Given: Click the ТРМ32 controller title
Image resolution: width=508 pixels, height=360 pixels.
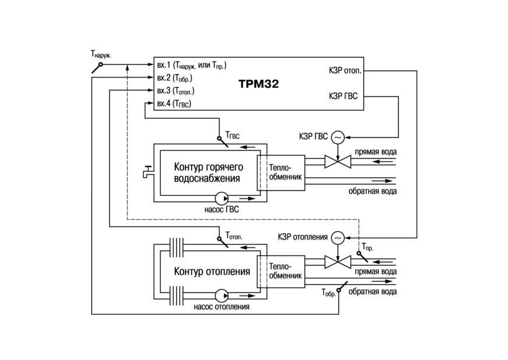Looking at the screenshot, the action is click(x=259, y=84).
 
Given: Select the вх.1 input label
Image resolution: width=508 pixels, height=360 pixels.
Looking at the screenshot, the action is click(x=164, y=65).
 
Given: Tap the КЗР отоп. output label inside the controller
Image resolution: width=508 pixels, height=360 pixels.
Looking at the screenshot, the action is click(x=345, y=70).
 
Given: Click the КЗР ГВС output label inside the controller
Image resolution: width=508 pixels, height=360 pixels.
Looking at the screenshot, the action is click(x=343, y=96).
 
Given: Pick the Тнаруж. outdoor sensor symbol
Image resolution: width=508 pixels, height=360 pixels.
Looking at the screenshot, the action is click(x=97, y=68).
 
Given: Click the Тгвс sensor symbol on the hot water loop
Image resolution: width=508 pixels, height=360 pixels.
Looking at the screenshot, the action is click(x=223, y=142).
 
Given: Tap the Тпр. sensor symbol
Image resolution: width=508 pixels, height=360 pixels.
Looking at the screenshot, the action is click(x=362, y=257).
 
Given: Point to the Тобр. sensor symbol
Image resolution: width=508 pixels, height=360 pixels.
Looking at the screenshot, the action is click(x=343, y=287).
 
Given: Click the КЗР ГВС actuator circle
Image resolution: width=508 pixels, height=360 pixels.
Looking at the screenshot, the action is click(x=337, y=137).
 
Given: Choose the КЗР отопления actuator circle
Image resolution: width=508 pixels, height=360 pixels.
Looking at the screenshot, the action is click(x=337, y=238).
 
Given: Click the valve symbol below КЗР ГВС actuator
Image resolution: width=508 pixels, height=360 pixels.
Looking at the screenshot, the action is click(x=337, y=161).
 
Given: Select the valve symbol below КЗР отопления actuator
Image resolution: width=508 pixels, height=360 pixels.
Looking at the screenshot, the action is click(x=337, y=262).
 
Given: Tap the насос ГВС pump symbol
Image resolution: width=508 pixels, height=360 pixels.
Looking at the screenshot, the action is click(x=221, y=199).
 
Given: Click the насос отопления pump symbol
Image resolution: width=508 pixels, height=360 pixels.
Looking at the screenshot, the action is click(x=221, y=295).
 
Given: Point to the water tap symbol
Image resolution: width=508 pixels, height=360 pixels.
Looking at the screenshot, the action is click(x=148, y=172).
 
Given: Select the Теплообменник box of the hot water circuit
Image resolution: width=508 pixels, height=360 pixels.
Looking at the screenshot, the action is click(x=281, y=172).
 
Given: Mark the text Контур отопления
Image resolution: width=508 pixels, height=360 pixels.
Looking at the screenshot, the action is click(x=212, y=271).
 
